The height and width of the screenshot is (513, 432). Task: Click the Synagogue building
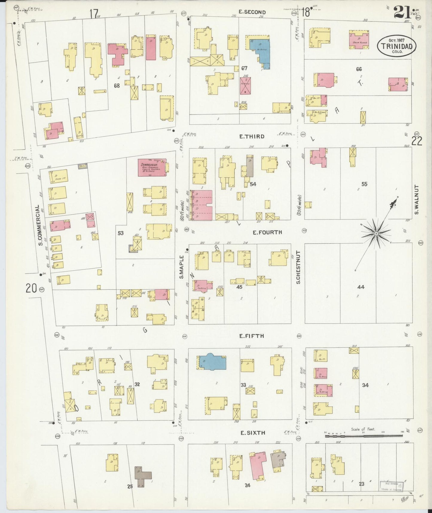pyautogui.click(x=152, y=168)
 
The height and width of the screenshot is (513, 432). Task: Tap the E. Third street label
pyautogui.click(x=252, y=136)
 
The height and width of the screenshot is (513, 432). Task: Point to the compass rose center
pyautogui.click(x=376, y=233)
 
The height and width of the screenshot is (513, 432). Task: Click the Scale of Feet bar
pyautogui.click(x=364, y=436)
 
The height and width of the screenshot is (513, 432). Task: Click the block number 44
pyautogui.click(x=361, y=287)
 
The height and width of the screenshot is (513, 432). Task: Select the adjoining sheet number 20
pyautogui.click(x=31, y=288)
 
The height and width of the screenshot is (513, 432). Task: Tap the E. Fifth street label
pyautogui.click(x=251, y=336)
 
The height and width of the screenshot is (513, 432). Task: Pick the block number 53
pyautogui.click(x=120, y=233)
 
